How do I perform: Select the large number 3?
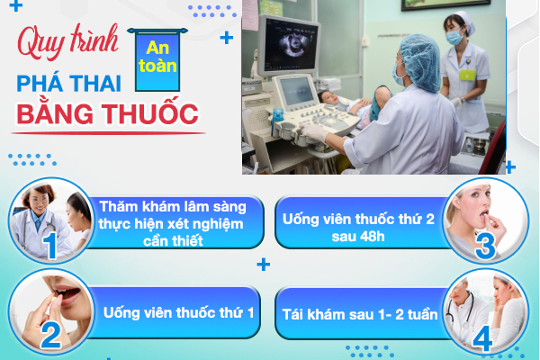tap(485, 245)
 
